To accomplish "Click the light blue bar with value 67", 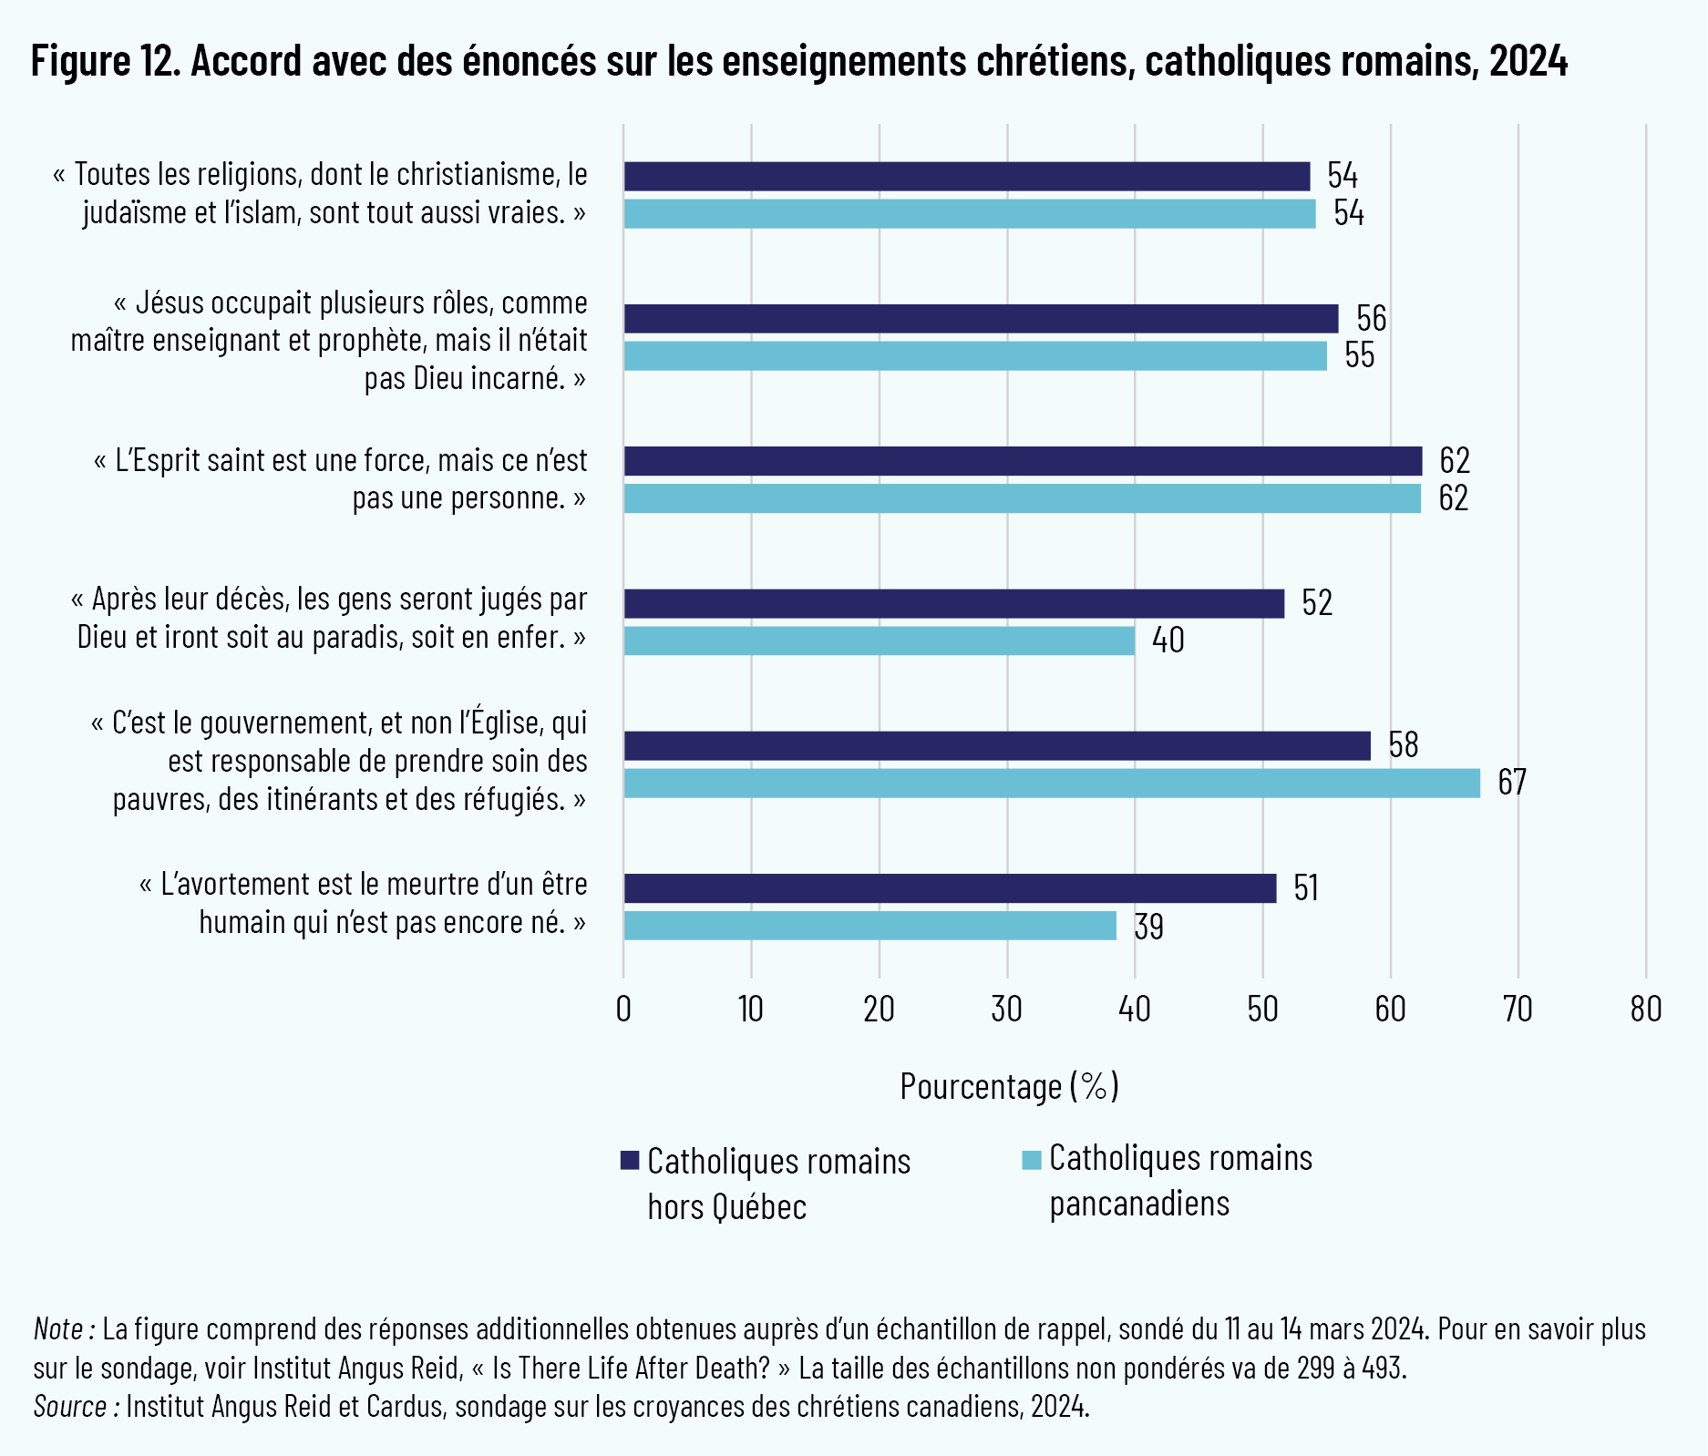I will pyautogui.click(x=1052, y=784).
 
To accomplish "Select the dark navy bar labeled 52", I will pyautogui.click(x=953, y=603).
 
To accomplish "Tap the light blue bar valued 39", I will pyautogui.click(x=869, y=926).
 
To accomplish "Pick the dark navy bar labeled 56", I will pyautogui.click(x=981, y=319).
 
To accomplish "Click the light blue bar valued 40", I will pyautogui.click(x=879, y=641).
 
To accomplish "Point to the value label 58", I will pyautogui.click(x=1404, y=745).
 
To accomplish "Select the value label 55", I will pyautogui.click(x=1359, y=356).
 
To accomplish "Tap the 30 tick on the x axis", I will pyautogui.click(x=1007, y=1010).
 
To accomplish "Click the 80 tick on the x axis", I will pyautogui.click(x=1646, y=1010).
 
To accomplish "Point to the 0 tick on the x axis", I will pyautogui.click(x=623, y=1010).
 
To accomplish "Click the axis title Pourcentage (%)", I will pyautogui.click(x=1009, y=1086).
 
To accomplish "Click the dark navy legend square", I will pyautogui.click(x=629, y=1160).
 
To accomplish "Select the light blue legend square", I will pyautogui.click(x=1031, y=1159).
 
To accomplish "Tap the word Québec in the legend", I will pyautogui.click(x=759, y=1207).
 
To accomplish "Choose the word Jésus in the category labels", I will pyautogui.click(x=170, y=302).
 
